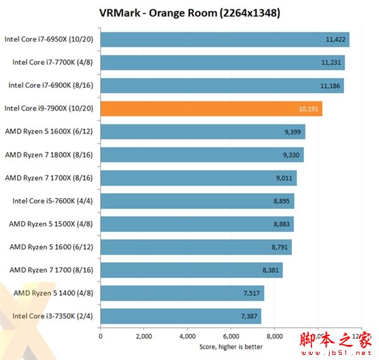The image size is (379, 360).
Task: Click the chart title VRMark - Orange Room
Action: (x=189, y=13)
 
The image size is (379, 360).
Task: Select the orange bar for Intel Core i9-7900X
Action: (x=211, y=109)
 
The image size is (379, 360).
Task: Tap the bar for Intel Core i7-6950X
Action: (x=224, y=39)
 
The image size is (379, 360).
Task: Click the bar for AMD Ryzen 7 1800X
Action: (x=202, y=155)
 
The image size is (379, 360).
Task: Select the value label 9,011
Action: (x=284, y=178)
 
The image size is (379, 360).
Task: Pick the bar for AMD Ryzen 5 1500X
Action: (x=196, y=224)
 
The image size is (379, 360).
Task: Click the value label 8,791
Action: (x=279, y=248)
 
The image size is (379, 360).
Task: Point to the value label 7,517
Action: (x=251, y=294)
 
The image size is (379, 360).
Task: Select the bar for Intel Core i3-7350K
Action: (x=180, y=316)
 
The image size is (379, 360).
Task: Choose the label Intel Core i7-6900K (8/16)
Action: (x=51, y=85)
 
